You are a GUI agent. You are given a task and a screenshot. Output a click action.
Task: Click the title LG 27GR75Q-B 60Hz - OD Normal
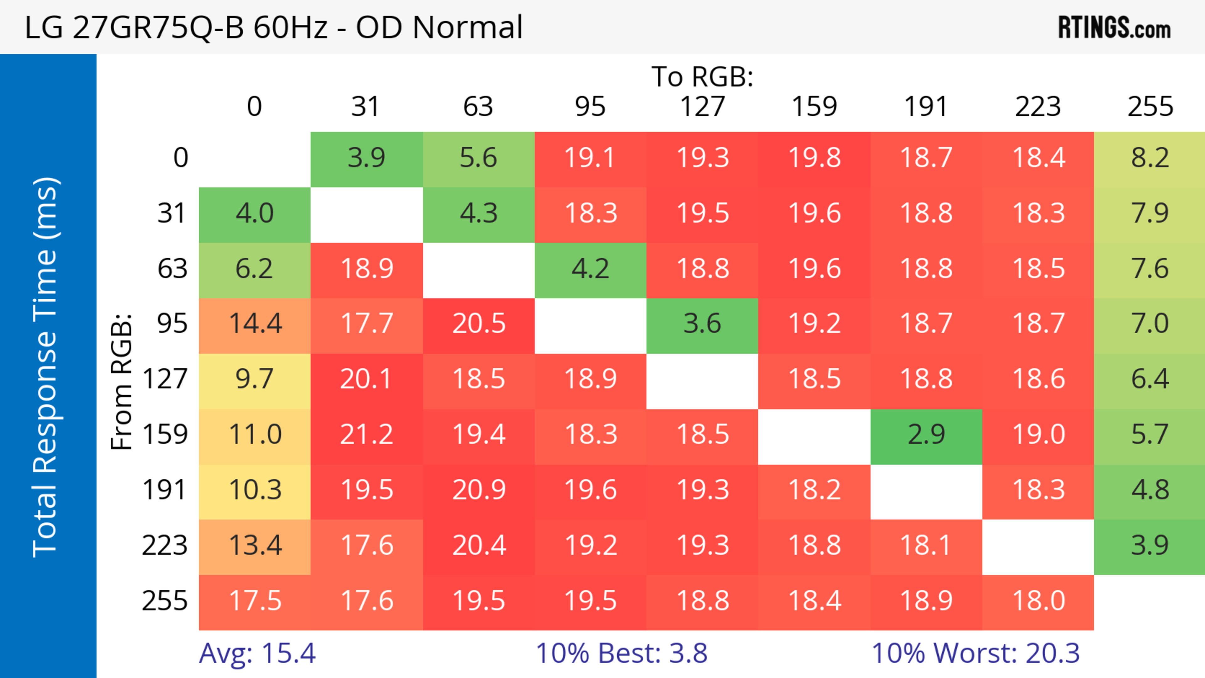(x=274, y=27)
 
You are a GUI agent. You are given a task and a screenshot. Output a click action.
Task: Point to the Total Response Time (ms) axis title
(x=46, y=367)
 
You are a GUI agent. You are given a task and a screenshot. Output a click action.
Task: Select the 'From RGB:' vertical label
(x=122, y=381)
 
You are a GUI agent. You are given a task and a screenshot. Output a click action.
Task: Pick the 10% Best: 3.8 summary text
(x=621, y=653)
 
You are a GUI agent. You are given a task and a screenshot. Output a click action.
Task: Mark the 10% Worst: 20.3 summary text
(x=975, y=653)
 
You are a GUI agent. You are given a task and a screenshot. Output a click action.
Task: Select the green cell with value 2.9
(x=926, y=435)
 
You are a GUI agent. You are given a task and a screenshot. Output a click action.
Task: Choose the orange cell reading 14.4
(x=255, y=323)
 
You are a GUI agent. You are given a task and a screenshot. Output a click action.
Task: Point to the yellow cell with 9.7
(x=255, y=379)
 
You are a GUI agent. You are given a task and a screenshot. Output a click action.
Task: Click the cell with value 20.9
(x=479, y=489)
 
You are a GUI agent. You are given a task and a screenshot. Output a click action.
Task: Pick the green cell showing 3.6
(x=702, y=323)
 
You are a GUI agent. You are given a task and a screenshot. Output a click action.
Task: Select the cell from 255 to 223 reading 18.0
(x=1038, y=601)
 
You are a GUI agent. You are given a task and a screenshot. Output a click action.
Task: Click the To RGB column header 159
(x=814, y=107)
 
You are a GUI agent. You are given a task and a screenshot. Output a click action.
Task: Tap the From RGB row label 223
(x=165, y=545)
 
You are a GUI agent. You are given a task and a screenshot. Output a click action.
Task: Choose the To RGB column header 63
(x=478, y=107)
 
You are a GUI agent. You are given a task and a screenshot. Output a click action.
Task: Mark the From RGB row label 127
(x=165, y=379)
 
